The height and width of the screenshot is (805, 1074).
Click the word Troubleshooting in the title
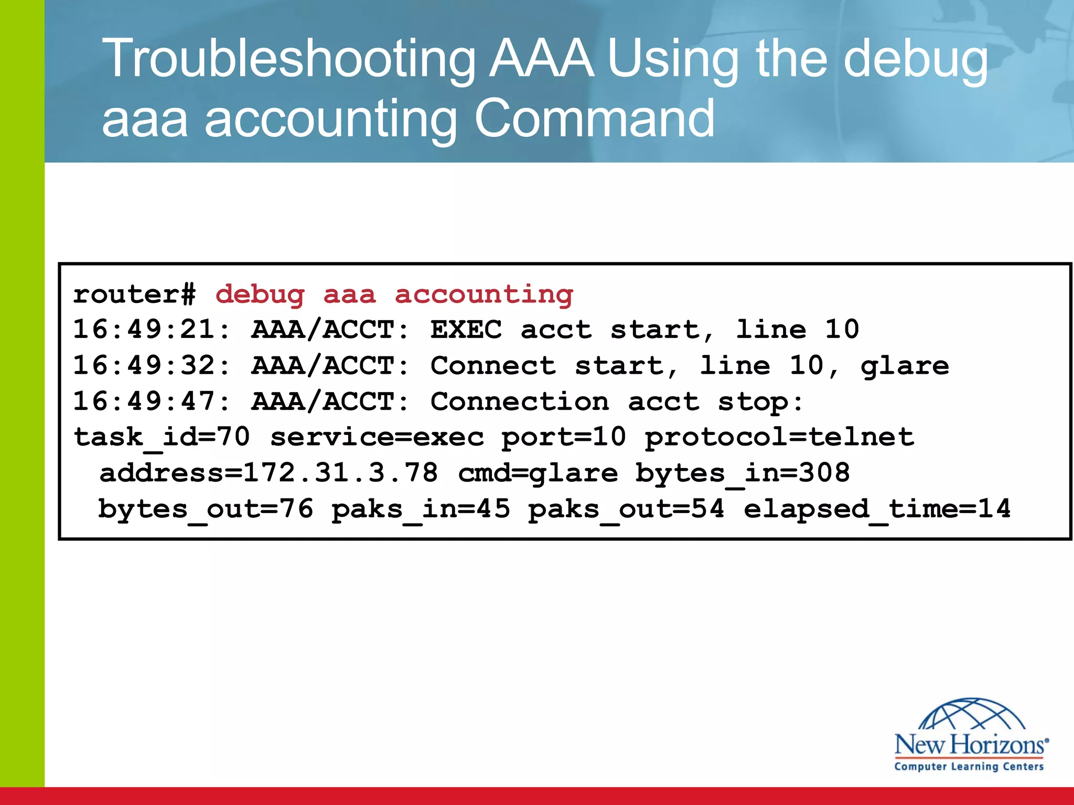coord(288,59)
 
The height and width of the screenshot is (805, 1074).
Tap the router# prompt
coord(134,294)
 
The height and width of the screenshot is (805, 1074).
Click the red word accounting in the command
coord(484,295)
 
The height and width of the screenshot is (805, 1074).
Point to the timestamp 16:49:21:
coord(152,330)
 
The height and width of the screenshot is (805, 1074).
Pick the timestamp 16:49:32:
coord(152,365)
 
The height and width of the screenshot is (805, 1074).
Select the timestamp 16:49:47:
coord(152,401)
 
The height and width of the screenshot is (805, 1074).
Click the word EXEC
coord(466,330)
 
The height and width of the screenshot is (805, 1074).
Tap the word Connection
coord(520,401)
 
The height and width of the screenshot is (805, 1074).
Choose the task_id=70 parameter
coord(162,437)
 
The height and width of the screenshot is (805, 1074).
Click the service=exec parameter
coord(377,437)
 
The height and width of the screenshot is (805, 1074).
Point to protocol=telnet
coord(779,437)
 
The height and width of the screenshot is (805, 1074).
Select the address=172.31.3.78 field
coord(268,473)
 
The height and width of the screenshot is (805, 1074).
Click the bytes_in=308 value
coord(743,473)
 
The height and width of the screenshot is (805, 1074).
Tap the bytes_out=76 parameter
coord(206,509)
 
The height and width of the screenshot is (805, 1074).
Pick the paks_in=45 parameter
coord(421,509)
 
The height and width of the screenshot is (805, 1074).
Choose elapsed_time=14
coord(877,509)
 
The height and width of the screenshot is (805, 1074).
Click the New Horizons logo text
coord(970,745)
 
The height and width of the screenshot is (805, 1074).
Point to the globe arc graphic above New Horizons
coord(972,714)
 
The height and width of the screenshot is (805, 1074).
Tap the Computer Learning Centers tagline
coord(969,767)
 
